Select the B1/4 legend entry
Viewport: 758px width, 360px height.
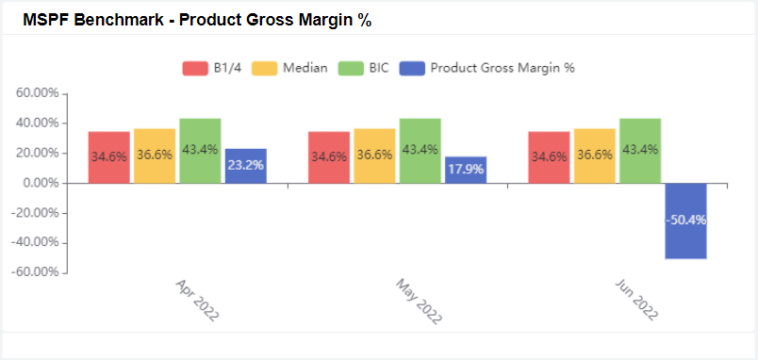pos(212,68)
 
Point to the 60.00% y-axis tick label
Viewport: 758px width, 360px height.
pos(38,93)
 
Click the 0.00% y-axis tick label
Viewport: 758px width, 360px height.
pos(41,183)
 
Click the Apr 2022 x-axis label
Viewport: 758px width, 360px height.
pos(197,301)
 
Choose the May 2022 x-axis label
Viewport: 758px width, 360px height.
pos(418,301)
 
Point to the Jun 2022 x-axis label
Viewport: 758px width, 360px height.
pos(637,301)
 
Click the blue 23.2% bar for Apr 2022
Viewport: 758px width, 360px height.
pos(245,166)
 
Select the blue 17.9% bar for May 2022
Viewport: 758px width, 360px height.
pos(466,170)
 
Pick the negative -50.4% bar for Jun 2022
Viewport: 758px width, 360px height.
pos(685,221)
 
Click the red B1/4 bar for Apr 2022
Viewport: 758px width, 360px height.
pos(109,157)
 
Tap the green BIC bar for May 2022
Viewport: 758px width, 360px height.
pos(420,151)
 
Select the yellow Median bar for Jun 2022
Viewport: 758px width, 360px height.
pos(594,155)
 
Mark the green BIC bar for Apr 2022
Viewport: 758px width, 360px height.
pos(200,151)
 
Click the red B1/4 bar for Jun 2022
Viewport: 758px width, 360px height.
pos(549,157)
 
